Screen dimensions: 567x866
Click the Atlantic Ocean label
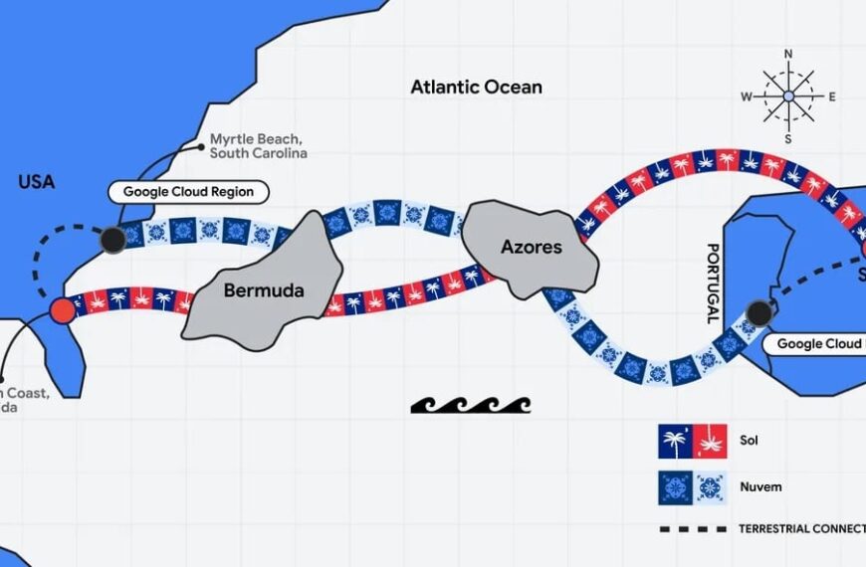[477, 87]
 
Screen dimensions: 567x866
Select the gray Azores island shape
[531, 246]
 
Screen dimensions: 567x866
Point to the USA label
[36, 182]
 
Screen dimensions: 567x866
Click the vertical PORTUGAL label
[712, 283]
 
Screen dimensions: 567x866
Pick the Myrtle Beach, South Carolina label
[258, 146]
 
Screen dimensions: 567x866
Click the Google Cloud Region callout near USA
[188, 192]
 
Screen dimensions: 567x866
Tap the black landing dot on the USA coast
[112, 239]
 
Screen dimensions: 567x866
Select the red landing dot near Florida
[62, 309]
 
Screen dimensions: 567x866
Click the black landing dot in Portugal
[759, 313]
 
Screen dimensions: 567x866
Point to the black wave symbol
[471, 404]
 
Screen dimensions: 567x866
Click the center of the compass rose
[788, 96]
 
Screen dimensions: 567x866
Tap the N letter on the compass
[788, 54]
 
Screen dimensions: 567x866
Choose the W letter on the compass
[745, 96]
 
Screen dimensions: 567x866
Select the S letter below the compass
[788, 139]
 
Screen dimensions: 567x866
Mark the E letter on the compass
[832, 96]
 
